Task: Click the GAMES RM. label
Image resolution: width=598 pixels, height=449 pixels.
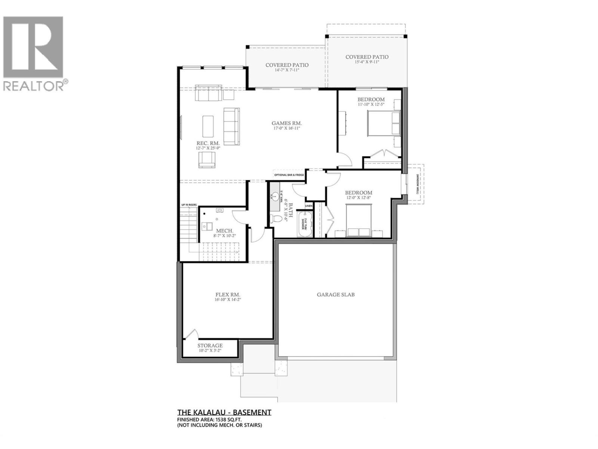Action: [x=287, y=123]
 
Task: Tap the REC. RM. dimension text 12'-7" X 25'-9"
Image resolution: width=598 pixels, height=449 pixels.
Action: [x=208, y=148]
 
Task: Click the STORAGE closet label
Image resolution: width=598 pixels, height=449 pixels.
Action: [x=210, y=345]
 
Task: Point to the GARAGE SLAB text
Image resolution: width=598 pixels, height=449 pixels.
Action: [x=336, y=294]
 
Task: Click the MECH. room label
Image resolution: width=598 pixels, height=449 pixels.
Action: [x=225, y=230]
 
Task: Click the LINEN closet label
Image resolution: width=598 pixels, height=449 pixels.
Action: [x=309, y=206]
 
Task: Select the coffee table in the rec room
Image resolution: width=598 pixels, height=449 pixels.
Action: [x=208, y=126]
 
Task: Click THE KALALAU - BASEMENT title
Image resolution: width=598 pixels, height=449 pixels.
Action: [x=224, y=412]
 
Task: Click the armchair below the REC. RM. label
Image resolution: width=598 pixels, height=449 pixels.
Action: [x=207, y=160]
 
